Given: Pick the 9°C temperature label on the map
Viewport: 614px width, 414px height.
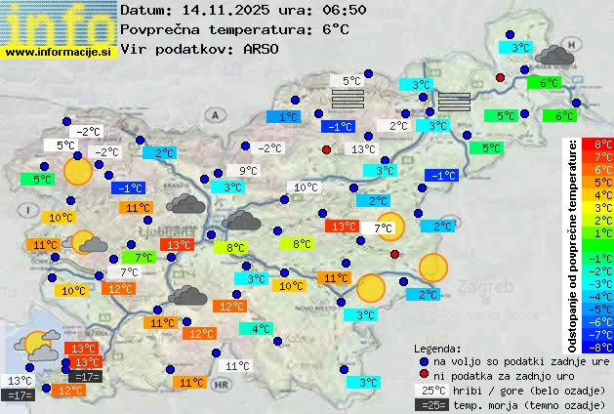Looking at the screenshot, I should [x=249, y=171].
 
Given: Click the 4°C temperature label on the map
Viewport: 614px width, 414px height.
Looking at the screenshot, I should [x=262, y=329].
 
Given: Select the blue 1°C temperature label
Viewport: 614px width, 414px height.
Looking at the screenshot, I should [x=289, y=117].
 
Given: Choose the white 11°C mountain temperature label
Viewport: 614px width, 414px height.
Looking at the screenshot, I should [x=237, y=366].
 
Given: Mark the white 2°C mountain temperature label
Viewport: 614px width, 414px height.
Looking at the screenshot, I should [x=398, y=126].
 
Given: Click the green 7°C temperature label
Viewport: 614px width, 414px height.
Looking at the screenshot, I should [x=143, y=258].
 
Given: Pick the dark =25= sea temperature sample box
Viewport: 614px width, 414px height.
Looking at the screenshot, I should [x=432, y=404].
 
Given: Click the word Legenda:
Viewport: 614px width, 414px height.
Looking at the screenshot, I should [x=437, y=349].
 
